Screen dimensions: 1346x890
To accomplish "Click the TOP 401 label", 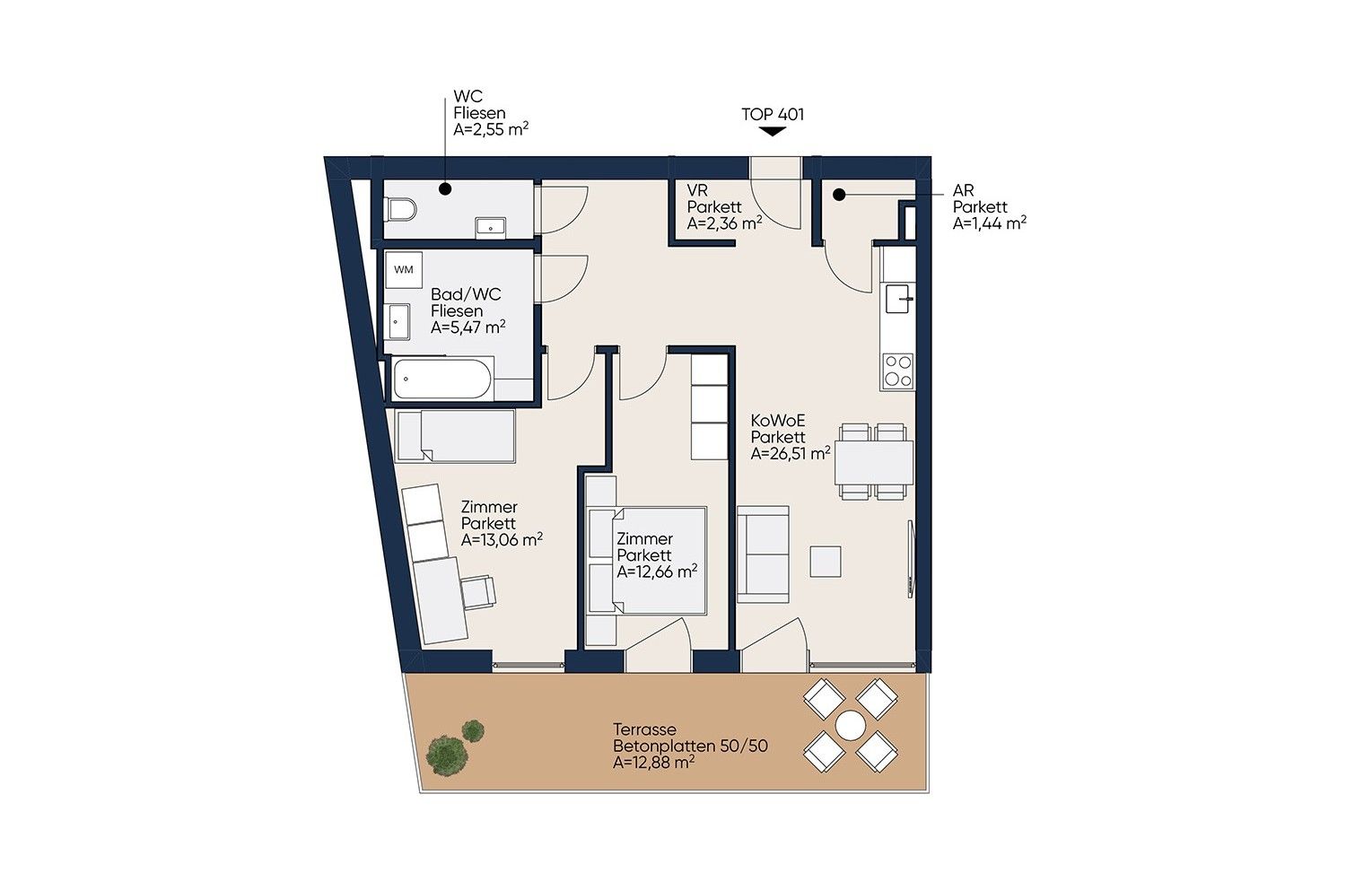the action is [x=772, y=114].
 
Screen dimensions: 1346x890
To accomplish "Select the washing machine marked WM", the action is [x=403, y=270].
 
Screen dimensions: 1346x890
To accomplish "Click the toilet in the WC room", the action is [x=402, y=210].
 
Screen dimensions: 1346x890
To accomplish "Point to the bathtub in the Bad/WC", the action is [x=443, y=379].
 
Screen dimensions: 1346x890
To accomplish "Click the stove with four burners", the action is [x=897, y=371].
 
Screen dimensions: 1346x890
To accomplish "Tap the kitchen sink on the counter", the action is [x=899, y=299].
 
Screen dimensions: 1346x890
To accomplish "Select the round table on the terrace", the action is [x=851, y=725].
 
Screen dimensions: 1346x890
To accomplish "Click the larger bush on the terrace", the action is [x=446, y=756].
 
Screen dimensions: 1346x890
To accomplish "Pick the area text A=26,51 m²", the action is [x=791, y=454].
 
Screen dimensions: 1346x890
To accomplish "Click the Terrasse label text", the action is [x=645, y=729].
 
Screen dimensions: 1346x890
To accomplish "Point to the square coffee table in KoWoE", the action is [x=825, y=562].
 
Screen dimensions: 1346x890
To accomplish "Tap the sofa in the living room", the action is [x=763, y=554].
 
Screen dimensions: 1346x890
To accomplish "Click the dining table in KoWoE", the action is [x=874, y=462].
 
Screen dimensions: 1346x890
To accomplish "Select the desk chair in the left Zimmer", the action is [x=479, y=592].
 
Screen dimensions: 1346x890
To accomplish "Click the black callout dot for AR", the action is [x=839, y=195].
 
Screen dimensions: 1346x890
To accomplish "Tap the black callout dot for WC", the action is [x=445, y=189].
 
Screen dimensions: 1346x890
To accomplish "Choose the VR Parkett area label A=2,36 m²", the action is [x=725, y=223].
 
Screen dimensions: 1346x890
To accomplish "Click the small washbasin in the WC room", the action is [x=490, y=228].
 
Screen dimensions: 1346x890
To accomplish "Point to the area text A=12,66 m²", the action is [x=657, y=572].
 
